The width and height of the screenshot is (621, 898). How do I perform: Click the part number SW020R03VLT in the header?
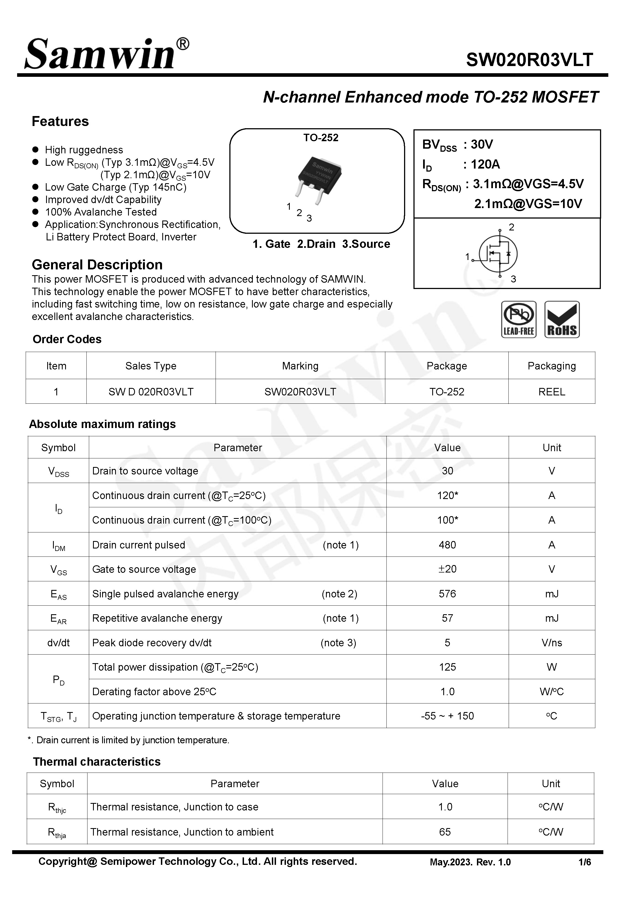(x=529, y=60)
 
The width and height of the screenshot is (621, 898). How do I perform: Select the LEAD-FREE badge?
(x=519, y=319)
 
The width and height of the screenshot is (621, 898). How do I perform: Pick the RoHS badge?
(x=562, y=319)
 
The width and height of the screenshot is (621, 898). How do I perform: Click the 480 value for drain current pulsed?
(x=447, y=545)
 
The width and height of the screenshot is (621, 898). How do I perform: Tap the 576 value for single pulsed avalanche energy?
(x=447, y=594)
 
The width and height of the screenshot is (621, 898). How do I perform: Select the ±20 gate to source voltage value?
(x=447, y=569)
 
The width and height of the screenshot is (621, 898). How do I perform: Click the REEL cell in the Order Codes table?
(x=551, y=392)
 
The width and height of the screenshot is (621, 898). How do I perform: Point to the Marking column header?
(x=300, y=366)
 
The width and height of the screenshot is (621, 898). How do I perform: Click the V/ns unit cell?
(x=551, y=642)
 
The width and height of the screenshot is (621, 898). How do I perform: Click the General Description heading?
(x=97, y=265)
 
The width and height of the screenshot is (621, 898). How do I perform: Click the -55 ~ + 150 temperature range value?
(x=447, y=716)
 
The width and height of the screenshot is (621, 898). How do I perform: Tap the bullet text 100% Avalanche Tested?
(x=101, y=212)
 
